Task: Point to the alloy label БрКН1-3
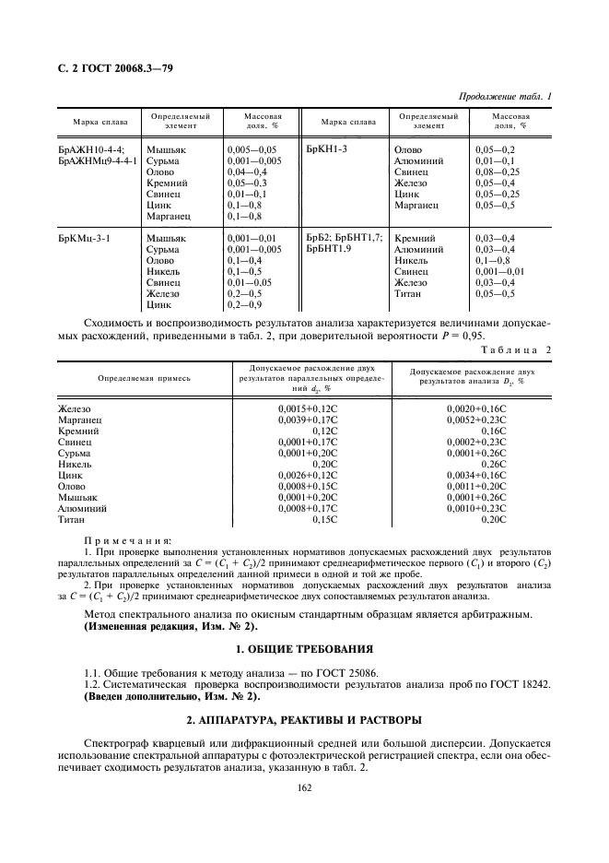327,148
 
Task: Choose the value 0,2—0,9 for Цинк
244,303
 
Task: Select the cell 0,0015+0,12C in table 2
309,408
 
